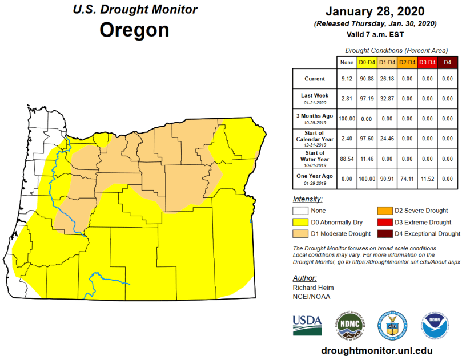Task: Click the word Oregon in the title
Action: [134, 30]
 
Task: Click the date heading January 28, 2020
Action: [375, 12]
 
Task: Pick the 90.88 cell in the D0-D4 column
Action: [366, 79]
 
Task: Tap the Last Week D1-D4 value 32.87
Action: [387, 98]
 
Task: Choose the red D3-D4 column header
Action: [427, 62]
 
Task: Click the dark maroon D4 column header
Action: [448, 62]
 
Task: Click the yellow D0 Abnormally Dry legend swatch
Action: [301, 222]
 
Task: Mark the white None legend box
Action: [301, 211]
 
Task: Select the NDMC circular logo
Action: [348, 327]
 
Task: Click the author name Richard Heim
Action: [312, 288]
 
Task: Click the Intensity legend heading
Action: [307, 200]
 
